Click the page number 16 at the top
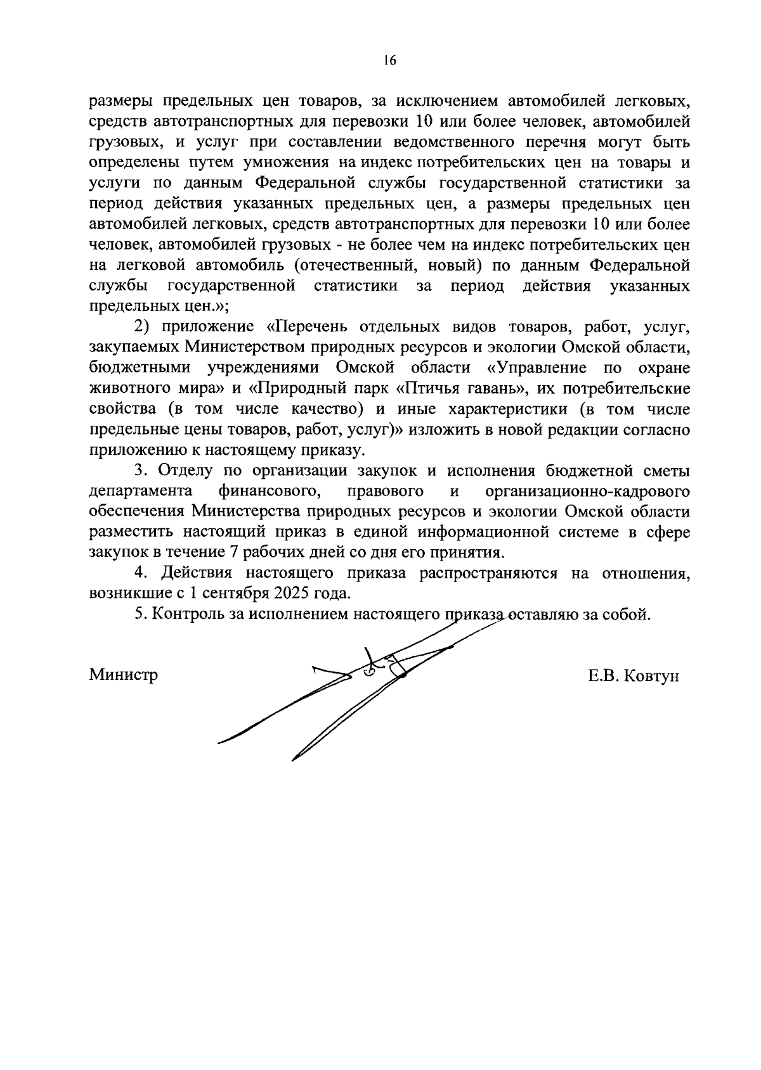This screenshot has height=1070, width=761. click(389, 60)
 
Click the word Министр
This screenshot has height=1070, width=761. click(124, 674)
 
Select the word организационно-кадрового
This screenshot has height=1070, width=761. click(587, 491)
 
